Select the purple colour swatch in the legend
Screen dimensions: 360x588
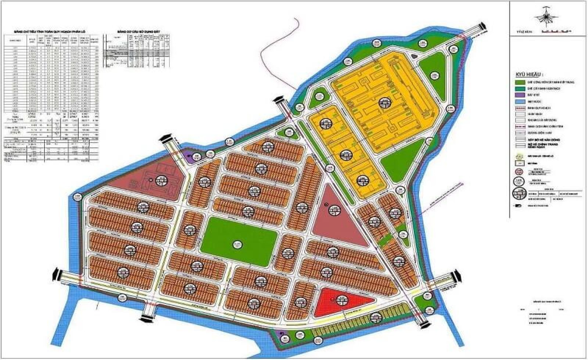519,95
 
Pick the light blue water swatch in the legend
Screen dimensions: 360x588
519,102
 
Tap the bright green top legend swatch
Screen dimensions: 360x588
519,82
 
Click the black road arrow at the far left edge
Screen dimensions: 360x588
56,274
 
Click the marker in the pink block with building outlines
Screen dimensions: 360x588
160,180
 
